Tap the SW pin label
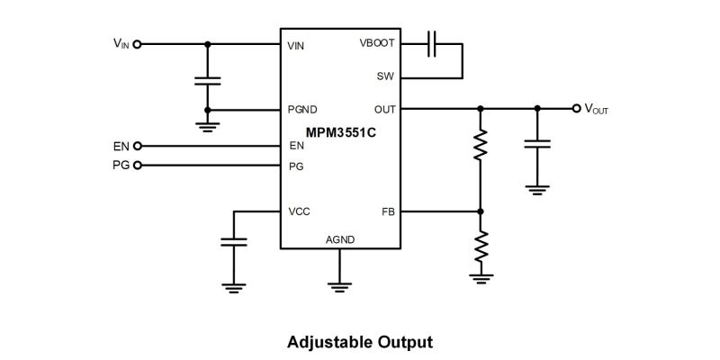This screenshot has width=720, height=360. coord(385,76)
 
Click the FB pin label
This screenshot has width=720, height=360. coord(387,211)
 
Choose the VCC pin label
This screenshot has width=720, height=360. coord(299,211)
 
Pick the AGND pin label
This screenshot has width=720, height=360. coord(339,239)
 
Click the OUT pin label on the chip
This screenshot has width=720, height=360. coord(384,110)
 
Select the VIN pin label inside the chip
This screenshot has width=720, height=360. coord(295,45)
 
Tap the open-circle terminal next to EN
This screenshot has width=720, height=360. coord(138,146)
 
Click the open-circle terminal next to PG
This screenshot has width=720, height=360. coord(138,166)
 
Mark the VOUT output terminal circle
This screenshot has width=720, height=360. coord(577,108)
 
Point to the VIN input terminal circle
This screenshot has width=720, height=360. coord(138,43)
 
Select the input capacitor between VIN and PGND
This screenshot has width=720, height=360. coord(208,81)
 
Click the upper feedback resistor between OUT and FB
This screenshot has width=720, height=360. coord(481,143)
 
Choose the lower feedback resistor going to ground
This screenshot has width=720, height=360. coord(481,246)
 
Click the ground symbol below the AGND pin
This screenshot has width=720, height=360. coord(339,287)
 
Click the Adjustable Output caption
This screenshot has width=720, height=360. coord(360,342)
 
